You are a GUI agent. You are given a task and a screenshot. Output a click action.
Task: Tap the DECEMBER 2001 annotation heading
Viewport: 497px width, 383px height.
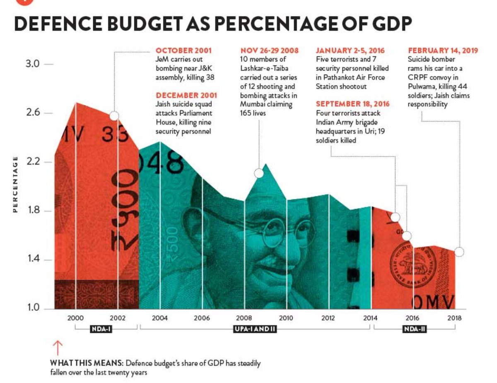tap(186, 95)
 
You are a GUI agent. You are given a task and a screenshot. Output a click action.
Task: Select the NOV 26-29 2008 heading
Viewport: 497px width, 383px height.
tap(269, 51)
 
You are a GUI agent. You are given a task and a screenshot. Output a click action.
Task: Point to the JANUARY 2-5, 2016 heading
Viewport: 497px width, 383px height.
tap(350, 51)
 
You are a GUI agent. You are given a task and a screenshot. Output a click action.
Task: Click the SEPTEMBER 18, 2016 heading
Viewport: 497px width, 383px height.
tap(352, 104)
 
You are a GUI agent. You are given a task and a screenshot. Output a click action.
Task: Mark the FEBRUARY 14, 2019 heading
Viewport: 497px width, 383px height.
tap(443, 51)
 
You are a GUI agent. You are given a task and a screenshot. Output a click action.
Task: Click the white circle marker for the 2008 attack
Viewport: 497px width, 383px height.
tap(259, 173)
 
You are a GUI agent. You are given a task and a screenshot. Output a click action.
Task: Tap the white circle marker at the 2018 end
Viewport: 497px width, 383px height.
tap(459, 252)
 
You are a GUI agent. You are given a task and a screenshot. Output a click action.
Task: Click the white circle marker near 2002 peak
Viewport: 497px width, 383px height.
tap(114, 116)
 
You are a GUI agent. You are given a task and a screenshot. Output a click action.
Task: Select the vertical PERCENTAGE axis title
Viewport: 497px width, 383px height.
tap(15, 184)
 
